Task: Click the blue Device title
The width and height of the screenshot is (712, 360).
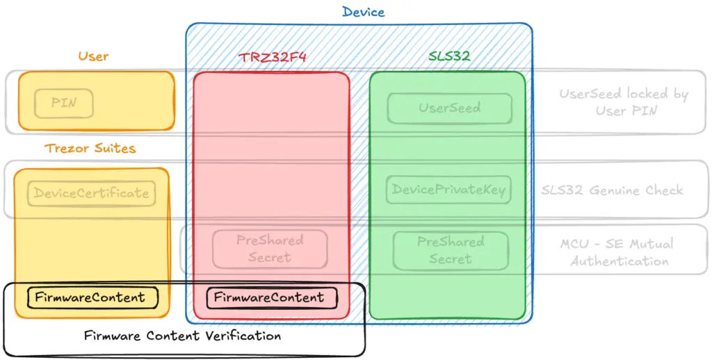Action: click(363, 11)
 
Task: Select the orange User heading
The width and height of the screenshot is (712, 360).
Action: click(93, 56)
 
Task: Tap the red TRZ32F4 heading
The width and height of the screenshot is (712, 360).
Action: click(273, 57)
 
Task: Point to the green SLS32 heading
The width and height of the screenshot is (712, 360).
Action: click(449, 56)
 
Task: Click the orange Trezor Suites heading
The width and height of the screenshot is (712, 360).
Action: click(90, 148)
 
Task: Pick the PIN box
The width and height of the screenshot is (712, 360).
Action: click(63, 104)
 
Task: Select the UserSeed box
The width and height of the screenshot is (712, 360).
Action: click(450, 108)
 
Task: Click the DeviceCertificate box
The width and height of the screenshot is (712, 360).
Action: click(91, 193)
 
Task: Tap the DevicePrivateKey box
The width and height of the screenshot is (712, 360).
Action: click(448, 190)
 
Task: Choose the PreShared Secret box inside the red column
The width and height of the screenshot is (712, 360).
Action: click(270, 249)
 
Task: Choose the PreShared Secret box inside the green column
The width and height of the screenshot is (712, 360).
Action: click(451, 251)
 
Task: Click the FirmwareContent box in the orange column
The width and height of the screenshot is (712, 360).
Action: click(92, 298)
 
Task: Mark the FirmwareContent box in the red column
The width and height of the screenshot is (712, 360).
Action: click(272, 298)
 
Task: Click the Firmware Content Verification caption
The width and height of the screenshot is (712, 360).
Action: click(183, 336)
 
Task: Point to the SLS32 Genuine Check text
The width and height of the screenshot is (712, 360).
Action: click(612, 190)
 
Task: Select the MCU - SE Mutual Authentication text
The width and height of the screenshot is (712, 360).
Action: click(617, 252)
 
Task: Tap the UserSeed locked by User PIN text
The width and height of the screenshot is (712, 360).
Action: click(624, 102)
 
